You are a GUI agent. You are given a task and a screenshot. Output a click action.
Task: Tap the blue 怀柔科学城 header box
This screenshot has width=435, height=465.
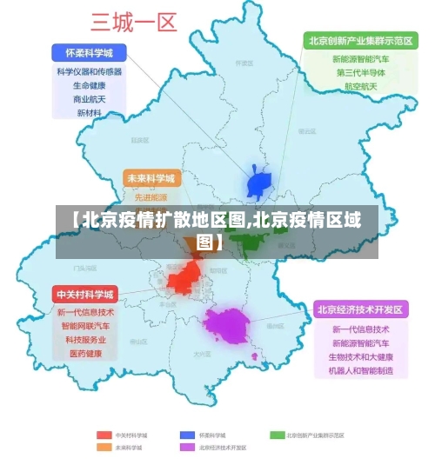(90, 52)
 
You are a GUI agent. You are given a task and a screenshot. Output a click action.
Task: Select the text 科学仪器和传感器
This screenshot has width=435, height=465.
(90, 72)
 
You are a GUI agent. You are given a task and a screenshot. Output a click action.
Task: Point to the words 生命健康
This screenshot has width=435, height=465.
(90, 85)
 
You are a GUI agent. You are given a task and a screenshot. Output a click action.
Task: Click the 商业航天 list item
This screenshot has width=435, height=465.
(90, 99)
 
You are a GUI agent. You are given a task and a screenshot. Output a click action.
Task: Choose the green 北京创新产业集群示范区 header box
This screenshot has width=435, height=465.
(358, 40)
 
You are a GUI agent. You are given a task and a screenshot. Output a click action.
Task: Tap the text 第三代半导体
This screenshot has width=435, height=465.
(360, 73)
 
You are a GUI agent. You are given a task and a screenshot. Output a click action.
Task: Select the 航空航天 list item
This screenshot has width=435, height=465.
(360, 87)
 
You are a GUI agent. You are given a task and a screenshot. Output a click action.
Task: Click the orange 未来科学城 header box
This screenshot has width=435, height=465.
(151, 178)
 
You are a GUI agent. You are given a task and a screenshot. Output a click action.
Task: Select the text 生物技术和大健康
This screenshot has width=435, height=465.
(360, 357)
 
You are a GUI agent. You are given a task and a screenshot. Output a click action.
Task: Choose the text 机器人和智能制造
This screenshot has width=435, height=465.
(360, 371)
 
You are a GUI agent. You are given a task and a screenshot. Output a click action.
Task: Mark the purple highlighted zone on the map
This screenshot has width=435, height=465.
(228, 325)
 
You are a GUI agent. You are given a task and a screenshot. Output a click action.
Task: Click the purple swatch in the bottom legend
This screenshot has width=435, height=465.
(186, 448)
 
